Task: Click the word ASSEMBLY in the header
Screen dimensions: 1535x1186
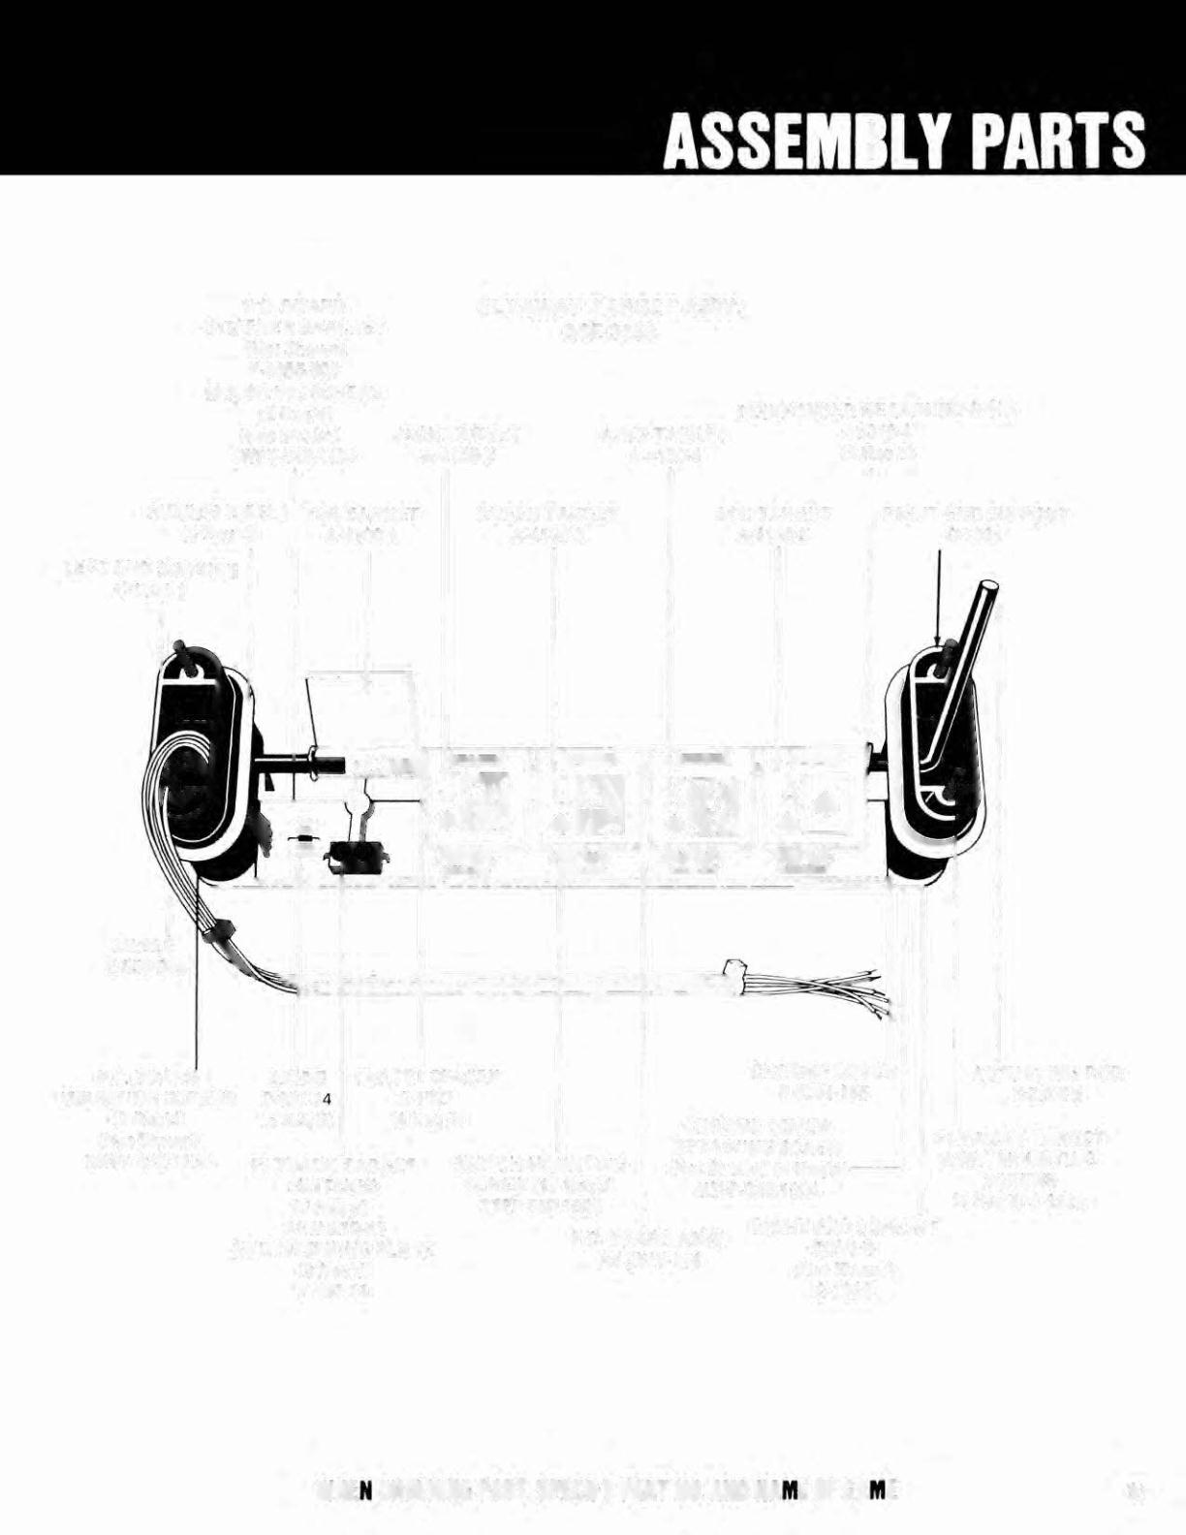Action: (820, 141)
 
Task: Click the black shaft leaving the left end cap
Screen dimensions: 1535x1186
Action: (291, 765)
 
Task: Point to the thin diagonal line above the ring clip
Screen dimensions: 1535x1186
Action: (308, 712)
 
